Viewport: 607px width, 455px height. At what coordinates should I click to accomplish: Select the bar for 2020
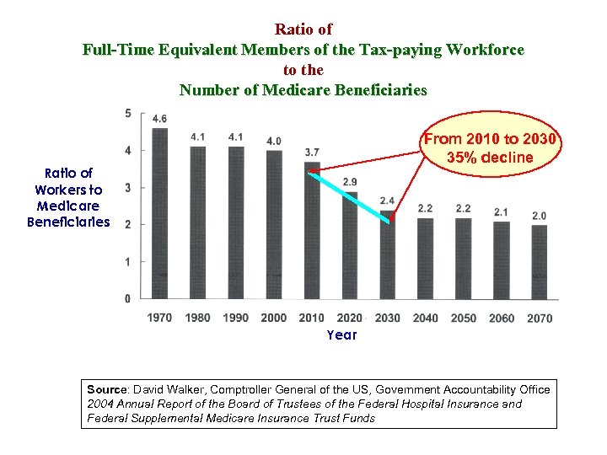coord(349,245)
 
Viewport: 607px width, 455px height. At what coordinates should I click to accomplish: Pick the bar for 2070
coord(539,261)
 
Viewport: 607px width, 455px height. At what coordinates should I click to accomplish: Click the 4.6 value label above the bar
coord(159,118)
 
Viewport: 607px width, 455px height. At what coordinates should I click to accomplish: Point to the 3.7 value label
coord(312,152)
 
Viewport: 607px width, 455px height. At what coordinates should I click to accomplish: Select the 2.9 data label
coord(349,182)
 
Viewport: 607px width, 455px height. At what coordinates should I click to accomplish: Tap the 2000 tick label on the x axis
coord(273,318)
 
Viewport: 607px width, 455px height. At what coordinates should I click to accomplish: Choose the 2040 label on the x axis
coord(425,318)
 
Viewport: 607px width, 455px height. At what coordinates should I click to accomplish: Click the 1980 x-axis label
coord(197,318)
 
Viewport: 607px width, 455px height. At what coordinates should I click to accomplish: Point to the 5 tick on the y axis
coord(127,113)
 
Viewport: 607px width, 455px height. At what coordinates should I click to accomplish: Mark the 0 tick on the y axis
coord(127,298)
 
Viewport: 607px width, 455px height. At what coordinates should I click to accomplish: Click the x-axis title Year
coord(341,335)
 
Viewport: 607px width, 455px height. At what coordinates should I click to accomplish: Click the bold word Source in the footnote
coord(106,389)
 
